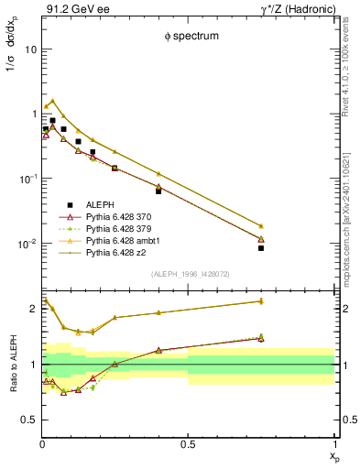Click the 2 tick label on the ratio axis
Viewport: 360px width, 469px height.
pos(33,309)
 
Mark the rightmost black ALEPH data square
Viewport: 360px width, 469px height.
pos(261,248)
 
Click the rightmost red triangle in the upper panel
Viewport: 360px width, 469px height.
pos(261,239)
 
